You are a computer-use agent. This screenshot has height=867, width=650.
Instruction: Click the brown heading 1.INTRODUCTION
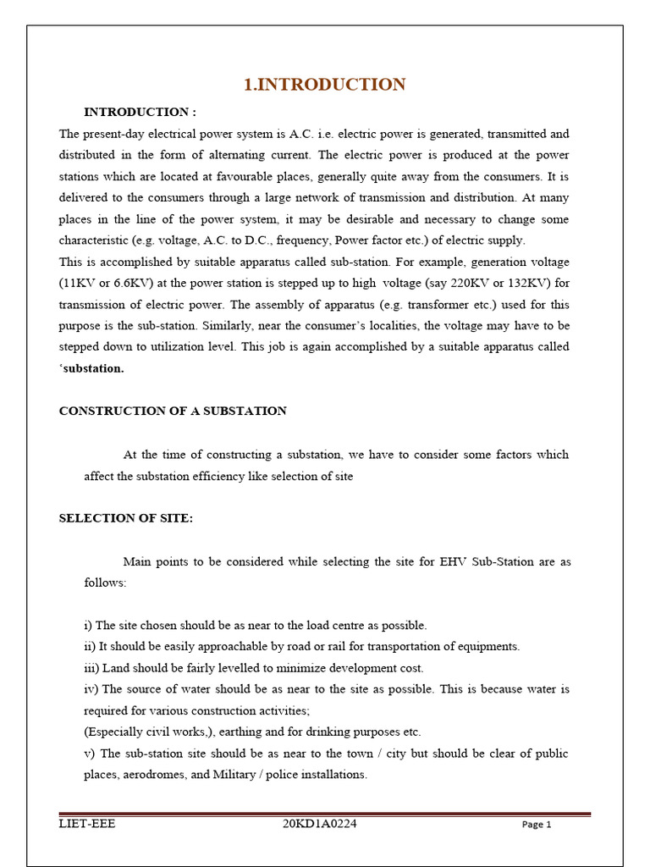coord(325,85)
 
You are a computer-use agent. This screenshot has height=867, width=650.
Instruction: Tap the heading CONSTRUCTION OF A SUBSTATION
coord(173,411)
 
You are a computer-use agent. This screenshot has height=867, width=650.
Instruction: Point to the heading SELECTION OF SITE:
coord(126,518)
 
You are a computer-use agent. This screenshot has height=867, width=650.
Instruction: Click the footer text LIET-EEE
coord(86,824)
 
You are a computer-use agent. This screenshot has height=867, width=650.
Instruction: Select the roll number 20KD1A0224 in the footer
coord(320,824)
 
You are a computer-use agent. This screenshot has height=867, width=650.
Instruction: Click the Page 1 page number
coord(537,825)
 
